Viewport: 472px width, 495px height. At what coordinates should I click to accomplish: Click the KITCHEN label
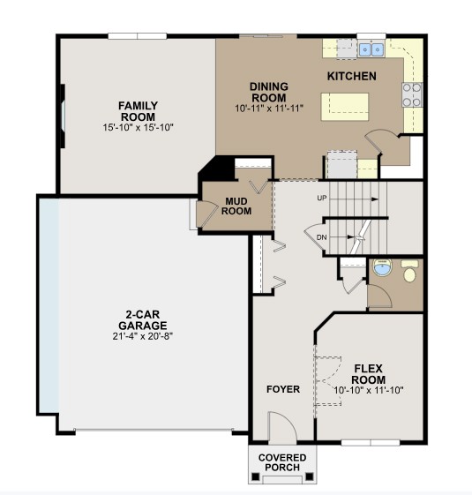click(x=352, y=77)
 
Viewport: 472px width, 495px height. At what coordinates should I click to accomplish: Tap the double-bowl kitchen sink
click(x=370, y=47)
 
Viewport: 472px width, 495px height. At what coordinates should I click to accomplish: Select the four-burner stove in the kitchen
click(x=412, y=94)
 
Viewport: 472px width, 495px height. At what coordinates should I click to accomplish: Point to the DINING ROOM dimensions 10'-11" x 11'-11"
click(x=269, y=109)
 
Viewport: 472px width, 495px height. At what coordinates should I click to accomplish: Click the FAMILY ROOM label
click(x=138, y=111)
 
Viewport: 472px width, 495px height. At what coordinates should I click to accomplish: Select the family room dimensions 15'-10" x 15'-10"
click(x=138, y=128)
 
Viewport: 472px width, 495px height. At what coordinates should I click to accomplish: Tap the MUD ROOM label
click(x=236, y=205)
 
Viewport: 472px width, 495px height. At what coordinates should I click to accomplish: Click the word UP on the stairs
click(x=322, y=199)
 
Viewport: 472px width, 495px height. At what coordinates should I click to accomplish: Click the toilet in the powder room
click(x=409, y=273)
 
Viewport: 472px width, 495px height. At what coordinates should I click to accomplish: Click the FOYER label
click(x=282, y=389)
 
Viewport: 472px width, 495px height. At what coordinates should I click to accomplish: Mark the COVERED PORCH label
click(x=282, y=462)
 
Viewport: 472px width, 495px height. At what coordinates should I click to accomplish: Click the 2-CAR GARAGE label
click(x=139, y=319)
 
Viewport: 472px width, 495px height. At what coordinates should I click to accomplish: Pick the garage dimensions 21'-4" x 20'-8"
click(x=139, y=335)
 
